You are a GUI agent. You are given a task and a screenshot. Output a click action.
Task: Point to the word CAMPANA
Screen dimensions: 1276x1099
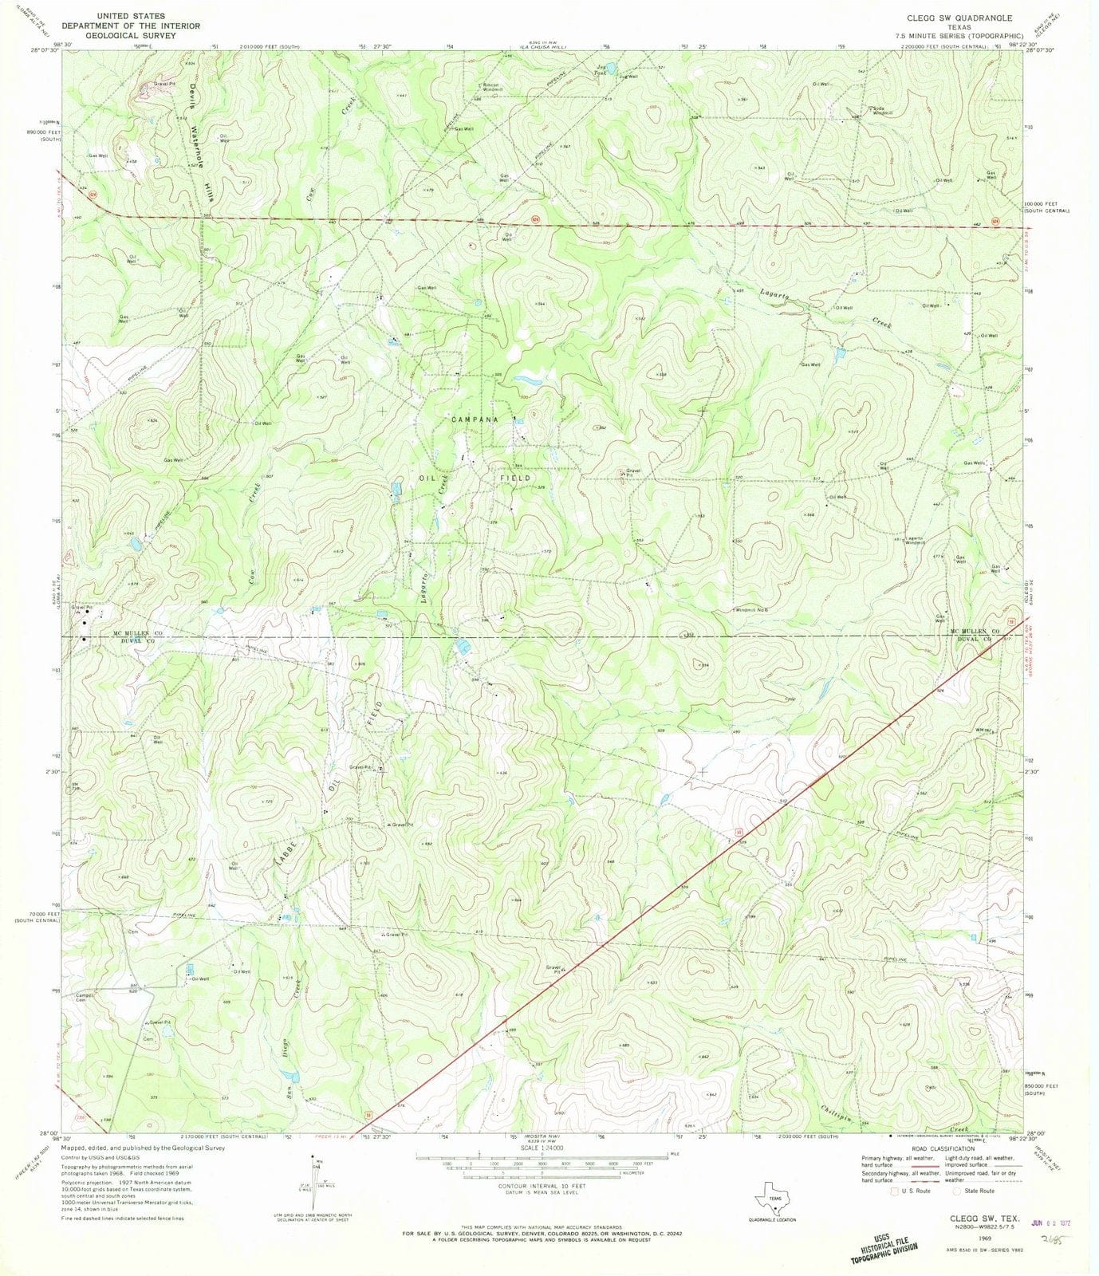click(x=475, y=419)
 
